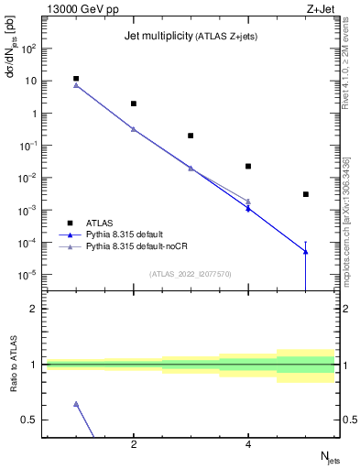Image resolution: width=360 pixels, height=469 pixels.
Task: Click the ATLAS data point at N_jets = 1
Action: click(76, 79)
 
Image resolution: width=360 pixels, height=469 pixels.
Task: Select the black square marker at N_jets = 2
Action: click(134, 104)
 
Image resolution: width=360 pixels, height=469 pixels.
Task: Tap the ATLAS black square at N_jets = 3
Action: click(191, 136)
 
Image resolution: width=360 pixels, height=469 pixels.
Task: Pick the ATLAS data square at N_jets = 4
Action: click(248, 166)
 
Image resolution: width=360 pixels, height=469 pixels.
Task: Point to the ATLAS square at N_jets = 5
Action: click(306, 194)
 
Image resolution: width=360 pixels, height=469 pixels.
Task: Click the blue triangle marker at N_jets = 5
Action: click(306, 252)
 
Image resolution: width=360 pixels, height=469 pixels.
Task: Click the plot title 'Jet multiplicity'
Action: click(157, 36)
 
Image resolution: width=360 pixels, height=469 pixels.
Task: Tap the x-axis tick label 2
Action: click(134, 445)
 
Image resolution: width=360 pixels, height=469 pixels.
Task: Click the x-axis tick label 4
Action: click(248, 445)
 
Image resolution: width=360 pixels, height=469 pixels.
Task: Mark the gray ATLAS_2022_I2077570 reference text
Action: click(190, 273)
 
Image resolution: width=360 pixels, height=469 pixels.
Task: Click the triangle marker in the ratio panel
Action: click(76, 404)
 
